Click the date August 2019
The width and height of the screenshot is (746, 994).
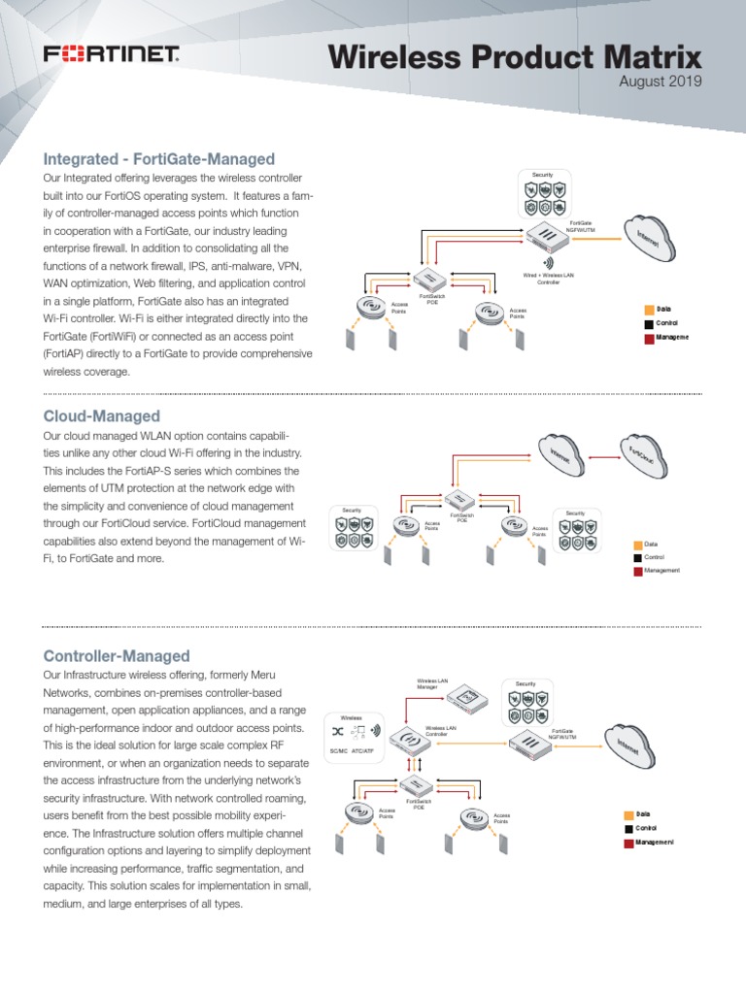660,82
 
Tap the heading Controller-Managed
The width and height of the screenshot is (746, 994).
117,656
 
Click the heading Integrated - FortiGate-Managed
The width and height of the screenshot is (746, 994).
158,159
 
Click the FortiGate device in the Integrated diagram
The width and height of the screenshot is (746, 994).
546,236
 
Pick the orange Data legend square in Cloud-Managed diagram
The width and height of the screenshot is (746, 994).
637,544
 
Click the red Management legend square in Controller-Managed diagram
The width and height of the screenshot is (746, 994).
627,844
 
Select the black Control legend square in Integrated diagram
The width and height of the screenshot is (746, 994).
648,322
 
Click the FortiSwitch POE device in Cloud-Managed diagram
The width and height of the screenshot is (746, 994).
461,500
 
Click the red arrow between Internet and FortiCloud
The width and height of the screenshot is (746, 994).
605,456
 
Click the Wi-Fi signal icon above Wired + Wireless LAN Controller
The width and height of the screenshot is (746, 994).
547,262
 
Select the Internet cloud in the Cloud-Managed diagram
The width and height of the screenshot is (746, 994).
559,454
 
